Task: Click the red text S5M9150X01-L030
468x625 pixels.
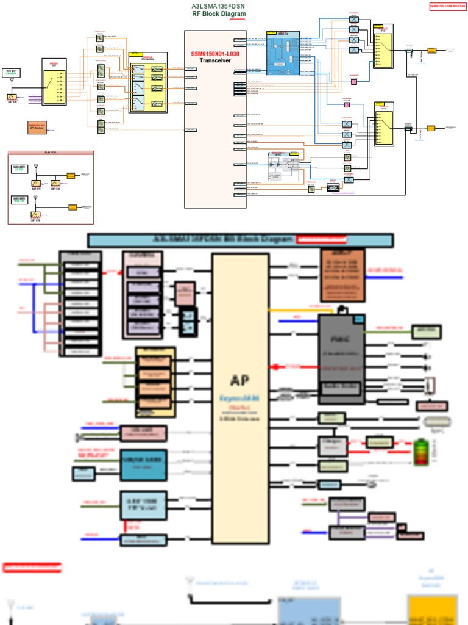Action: point(215,54)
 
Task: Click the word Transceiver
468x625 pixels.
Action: point(215,60)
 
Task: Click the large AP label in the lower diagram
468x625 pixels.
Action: point(239,380)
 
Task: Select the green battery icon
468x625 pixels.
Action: point(420,452)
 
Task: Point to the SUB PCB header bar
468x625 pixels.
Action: point(51,153)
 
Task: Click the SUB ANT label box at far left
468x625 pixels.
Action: point(12,73)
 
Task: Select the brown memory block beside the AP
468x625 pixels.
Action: point(342,275)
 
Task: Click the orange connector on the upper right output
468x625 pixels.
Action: point(431,50)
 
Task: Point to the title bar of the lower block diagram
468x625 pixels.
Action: point(240,240)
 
